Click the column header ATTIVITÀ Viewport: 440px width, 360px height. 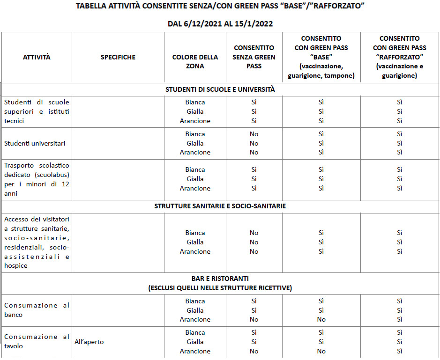point(37,57)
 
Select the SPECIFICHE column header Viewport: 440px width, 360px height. point(118,57)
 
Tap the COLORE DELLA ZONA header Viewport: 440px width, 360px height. point(195,62)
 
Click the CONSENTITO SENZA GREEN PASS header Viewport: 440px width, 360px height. point(254,57)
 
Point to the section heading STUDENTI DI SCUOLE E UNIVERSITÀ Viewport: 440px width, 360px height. point(220,89)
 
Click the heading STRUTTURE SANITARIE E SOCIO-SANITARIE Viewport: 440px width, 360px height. point(220,206)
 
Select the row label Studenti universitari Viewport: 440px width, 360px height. point(35,143)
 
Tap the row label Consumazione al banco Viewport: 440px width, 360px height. point(37,310)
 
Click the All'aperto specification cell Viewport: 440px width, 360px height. point(89,342)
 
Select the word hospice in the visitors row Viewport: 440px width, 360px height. point(15,265)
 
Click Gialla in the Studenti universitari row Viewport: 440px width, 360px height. point(195,143)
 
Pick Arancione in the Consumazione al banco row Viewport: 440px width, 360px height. point(195,319)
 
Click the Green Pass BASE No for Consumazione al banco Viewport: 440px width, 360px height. point(321,319)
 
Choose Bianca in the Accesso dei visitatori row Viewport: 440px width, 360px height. point(195,233)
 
